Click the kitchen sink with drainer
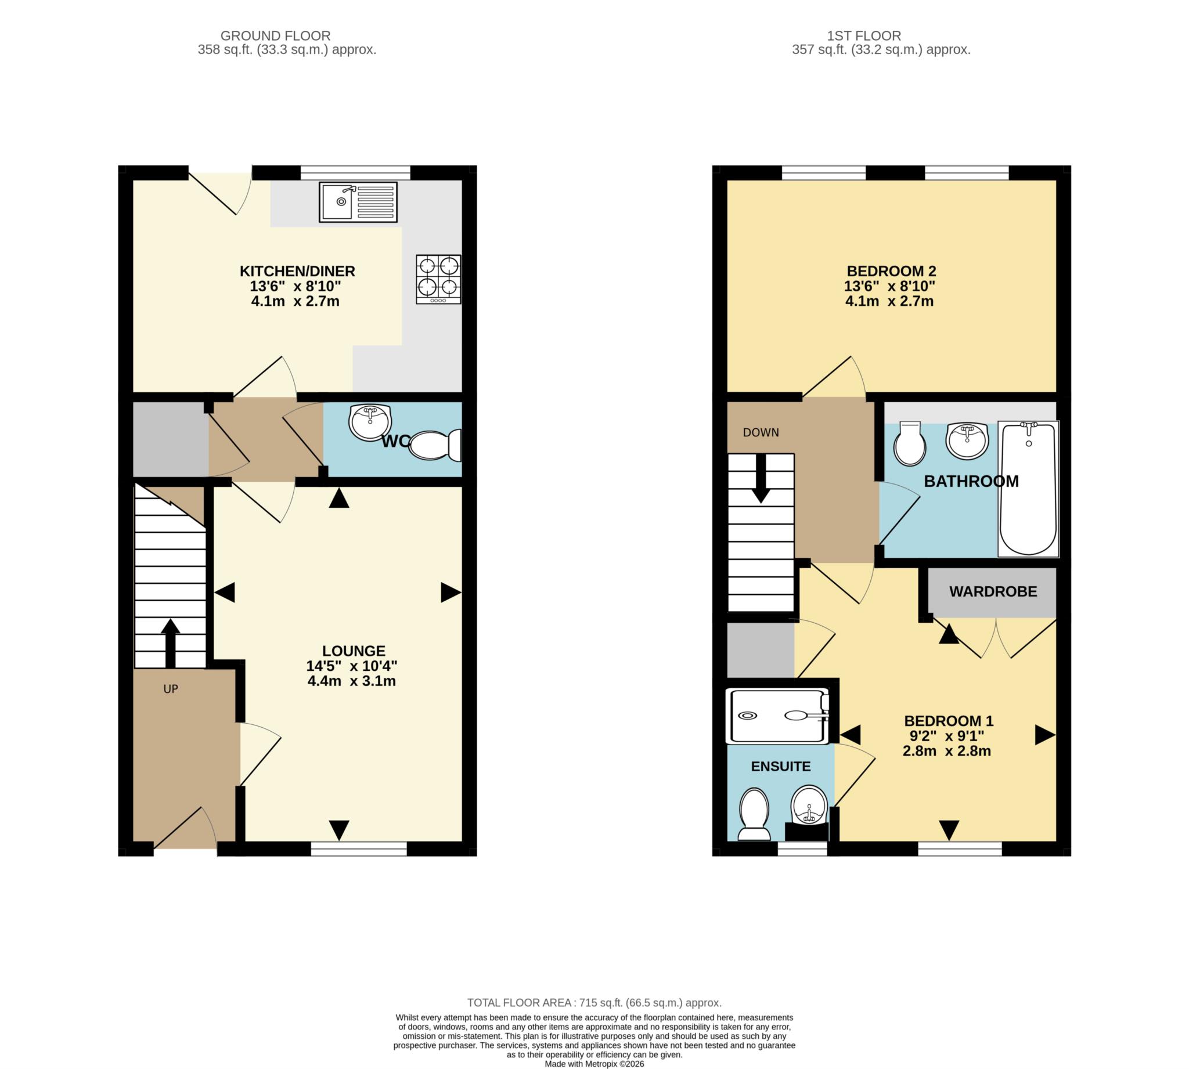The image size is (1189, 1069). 358,202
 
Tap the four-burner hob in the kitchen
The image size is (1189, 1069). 438,279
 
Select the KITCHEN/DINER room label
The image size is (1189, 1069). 297,272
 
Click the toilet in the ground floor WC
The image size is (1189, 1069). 435,445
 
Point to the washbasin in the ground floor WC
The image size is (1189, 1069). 369,422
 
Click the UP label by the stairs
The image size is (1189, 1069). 170,689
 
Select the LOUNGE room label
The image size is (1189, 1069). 354,651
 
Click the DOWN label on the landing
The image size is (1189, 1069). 761,433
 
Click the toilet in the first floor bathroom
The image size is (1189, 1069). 909,443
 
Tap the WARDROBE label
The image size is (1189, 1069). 993,591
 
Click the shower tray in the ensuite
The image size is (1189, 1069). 779,716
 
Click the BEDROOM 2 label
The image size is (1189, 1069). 891,272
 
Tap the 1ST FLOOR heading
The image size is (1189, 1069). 863,36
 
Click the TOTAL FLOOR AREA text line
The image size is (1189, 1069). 594,1003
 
